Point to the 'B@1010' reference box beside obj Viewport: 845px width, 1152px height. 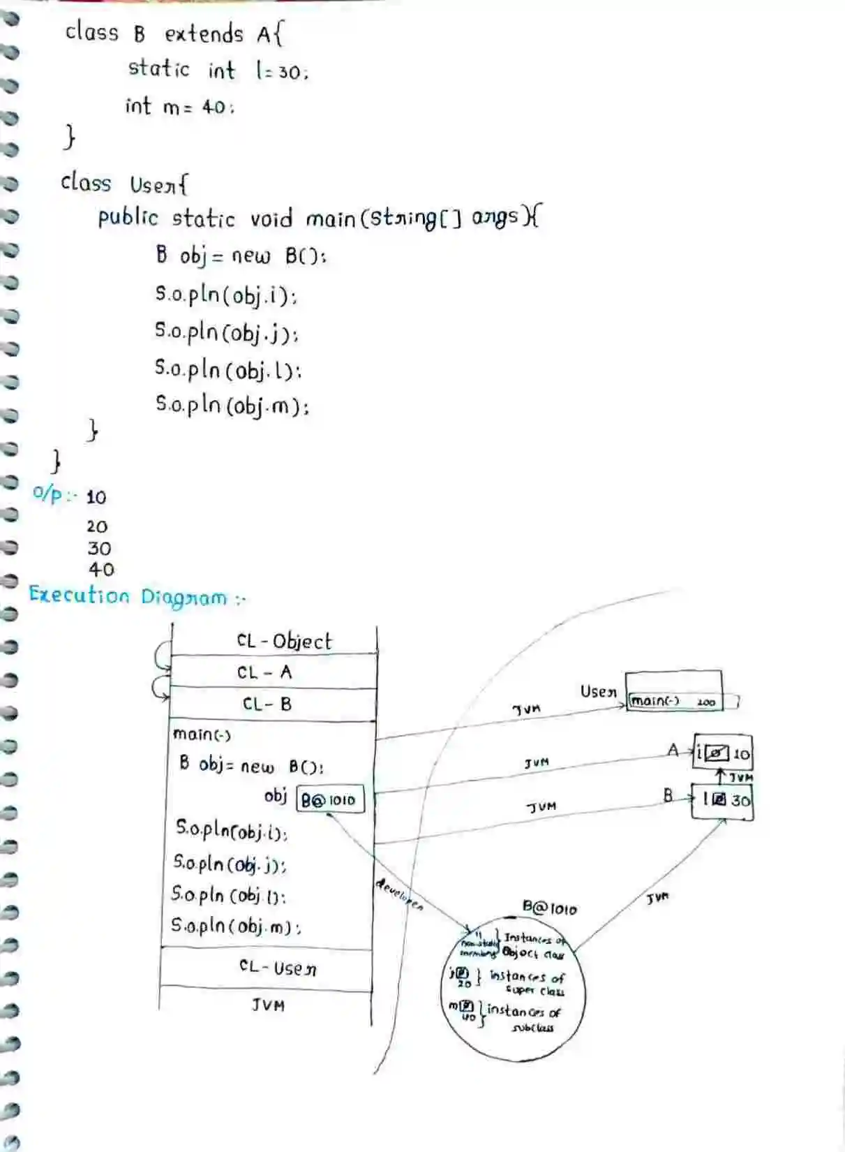click(x=329, y=799)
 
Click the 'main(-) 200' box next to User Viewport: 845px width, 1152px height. click(x=674, y=700)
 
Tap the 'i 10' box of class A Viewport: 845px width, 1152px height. click(x=723, y=753)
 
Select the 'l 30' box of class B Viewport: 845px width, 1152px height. click(x=724, y=800)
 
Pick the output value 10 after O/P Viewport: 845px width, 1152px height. click(x=96, y=497)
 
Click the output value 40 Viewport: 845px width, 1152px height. click(x=101, y=570)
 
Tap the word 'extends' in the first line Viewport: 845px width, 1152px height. click(x=204, y=34)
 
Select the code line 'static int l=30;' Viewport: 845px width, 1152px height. click(x=217, y=70)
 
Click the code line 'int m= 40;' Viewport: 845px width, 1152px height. click(x=179, y=106)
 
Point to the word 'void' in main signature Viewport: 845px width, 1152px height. click(x=271, y=219)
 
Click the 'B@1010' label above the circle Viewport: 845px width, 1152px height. click(x=550, y=908)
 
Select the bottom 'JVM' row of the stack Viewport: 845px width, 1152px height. click(x=268, y=1005)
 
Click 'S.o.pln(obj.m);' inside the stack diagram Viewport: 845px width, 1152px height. click(x=236, y=926)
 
